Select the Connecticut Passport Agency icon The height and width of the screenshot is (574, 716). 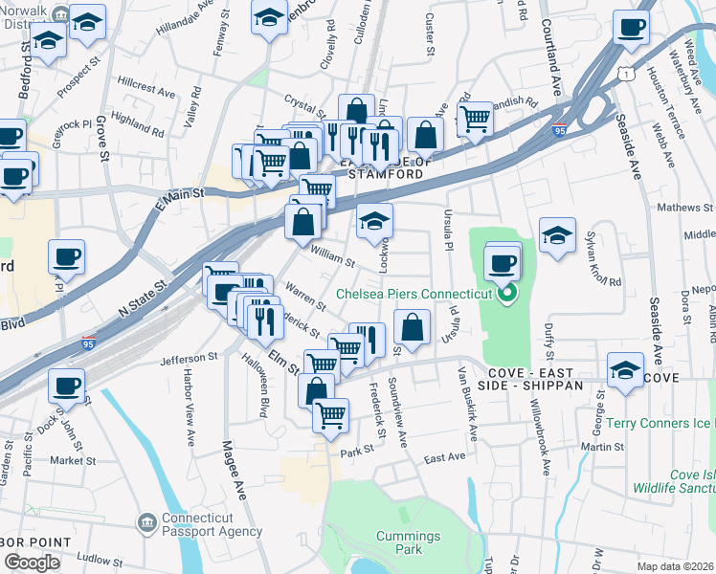coord(146,522)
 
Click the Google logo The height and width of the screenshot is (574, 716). coord(32,562)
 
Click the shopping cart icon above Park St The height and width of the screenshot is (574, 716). coord(330,416)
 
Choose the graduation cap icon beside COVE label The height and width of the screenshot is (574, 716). coord(624,370)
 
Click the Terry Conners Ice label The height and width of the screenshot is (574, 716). coord(661,424)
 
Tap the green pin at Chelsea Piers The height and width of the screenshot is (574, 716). coord(508,293)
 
